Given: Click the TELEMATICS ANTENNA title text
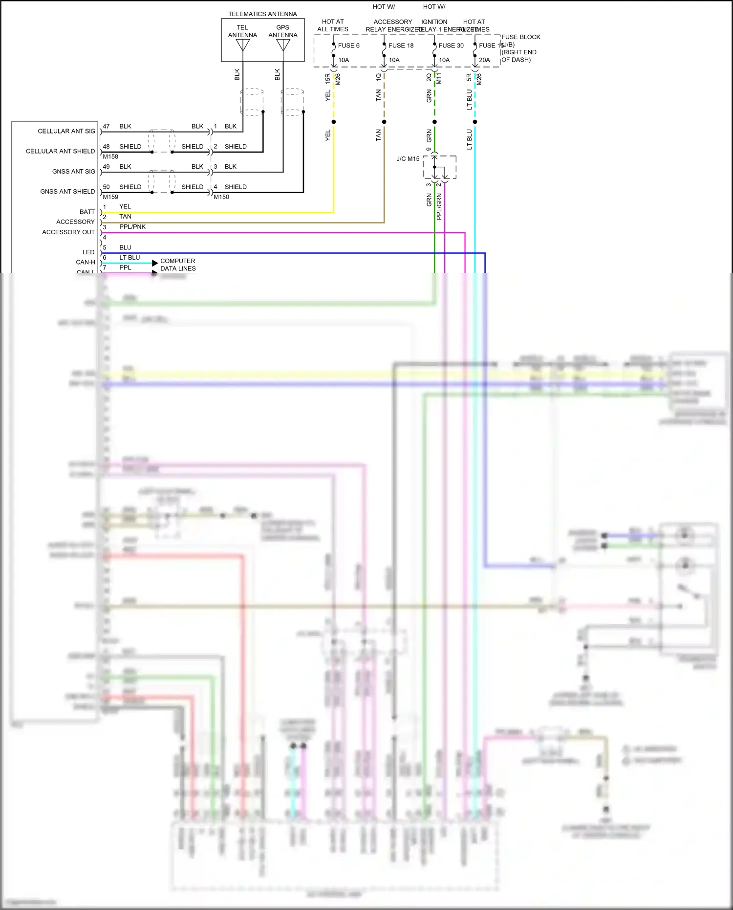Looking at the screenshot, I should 262,14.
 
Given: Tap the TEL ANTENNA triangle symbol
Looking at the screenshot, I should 243,45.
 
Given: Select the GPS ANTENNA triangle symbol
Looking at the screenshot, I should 283,45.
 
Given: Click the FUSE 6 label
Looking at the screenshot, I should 348,45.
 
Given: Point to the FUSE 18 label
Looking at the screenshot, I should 401,45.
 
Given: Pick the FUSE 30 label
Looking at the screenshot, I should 451,45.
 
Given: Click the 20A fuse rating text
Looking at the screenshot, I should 484,60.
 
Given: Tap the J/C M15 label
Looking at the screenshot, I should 408,159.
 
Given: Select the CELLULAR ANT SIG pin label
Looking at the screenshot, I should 66,131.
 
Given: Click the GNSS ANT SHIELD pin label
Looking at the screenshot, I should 67,192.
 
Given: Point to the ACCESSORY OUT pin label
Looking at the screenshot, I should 68,232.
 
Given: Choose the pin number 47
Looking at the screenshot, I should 106,126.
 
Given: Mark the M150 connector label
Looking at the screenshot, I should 221,197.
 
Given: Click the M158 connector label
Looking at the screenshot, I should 110,157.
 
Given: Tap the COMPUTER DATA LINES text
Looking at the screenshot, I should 178,265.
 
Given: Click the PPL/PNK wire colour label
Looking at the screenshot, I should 132,227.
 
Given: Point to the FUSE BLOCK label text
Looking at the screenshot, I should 520,37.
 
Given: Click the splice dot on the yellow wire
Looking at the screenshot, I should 334,122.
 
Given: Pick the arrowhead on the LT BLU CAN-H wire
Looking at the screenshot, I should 155,263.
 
